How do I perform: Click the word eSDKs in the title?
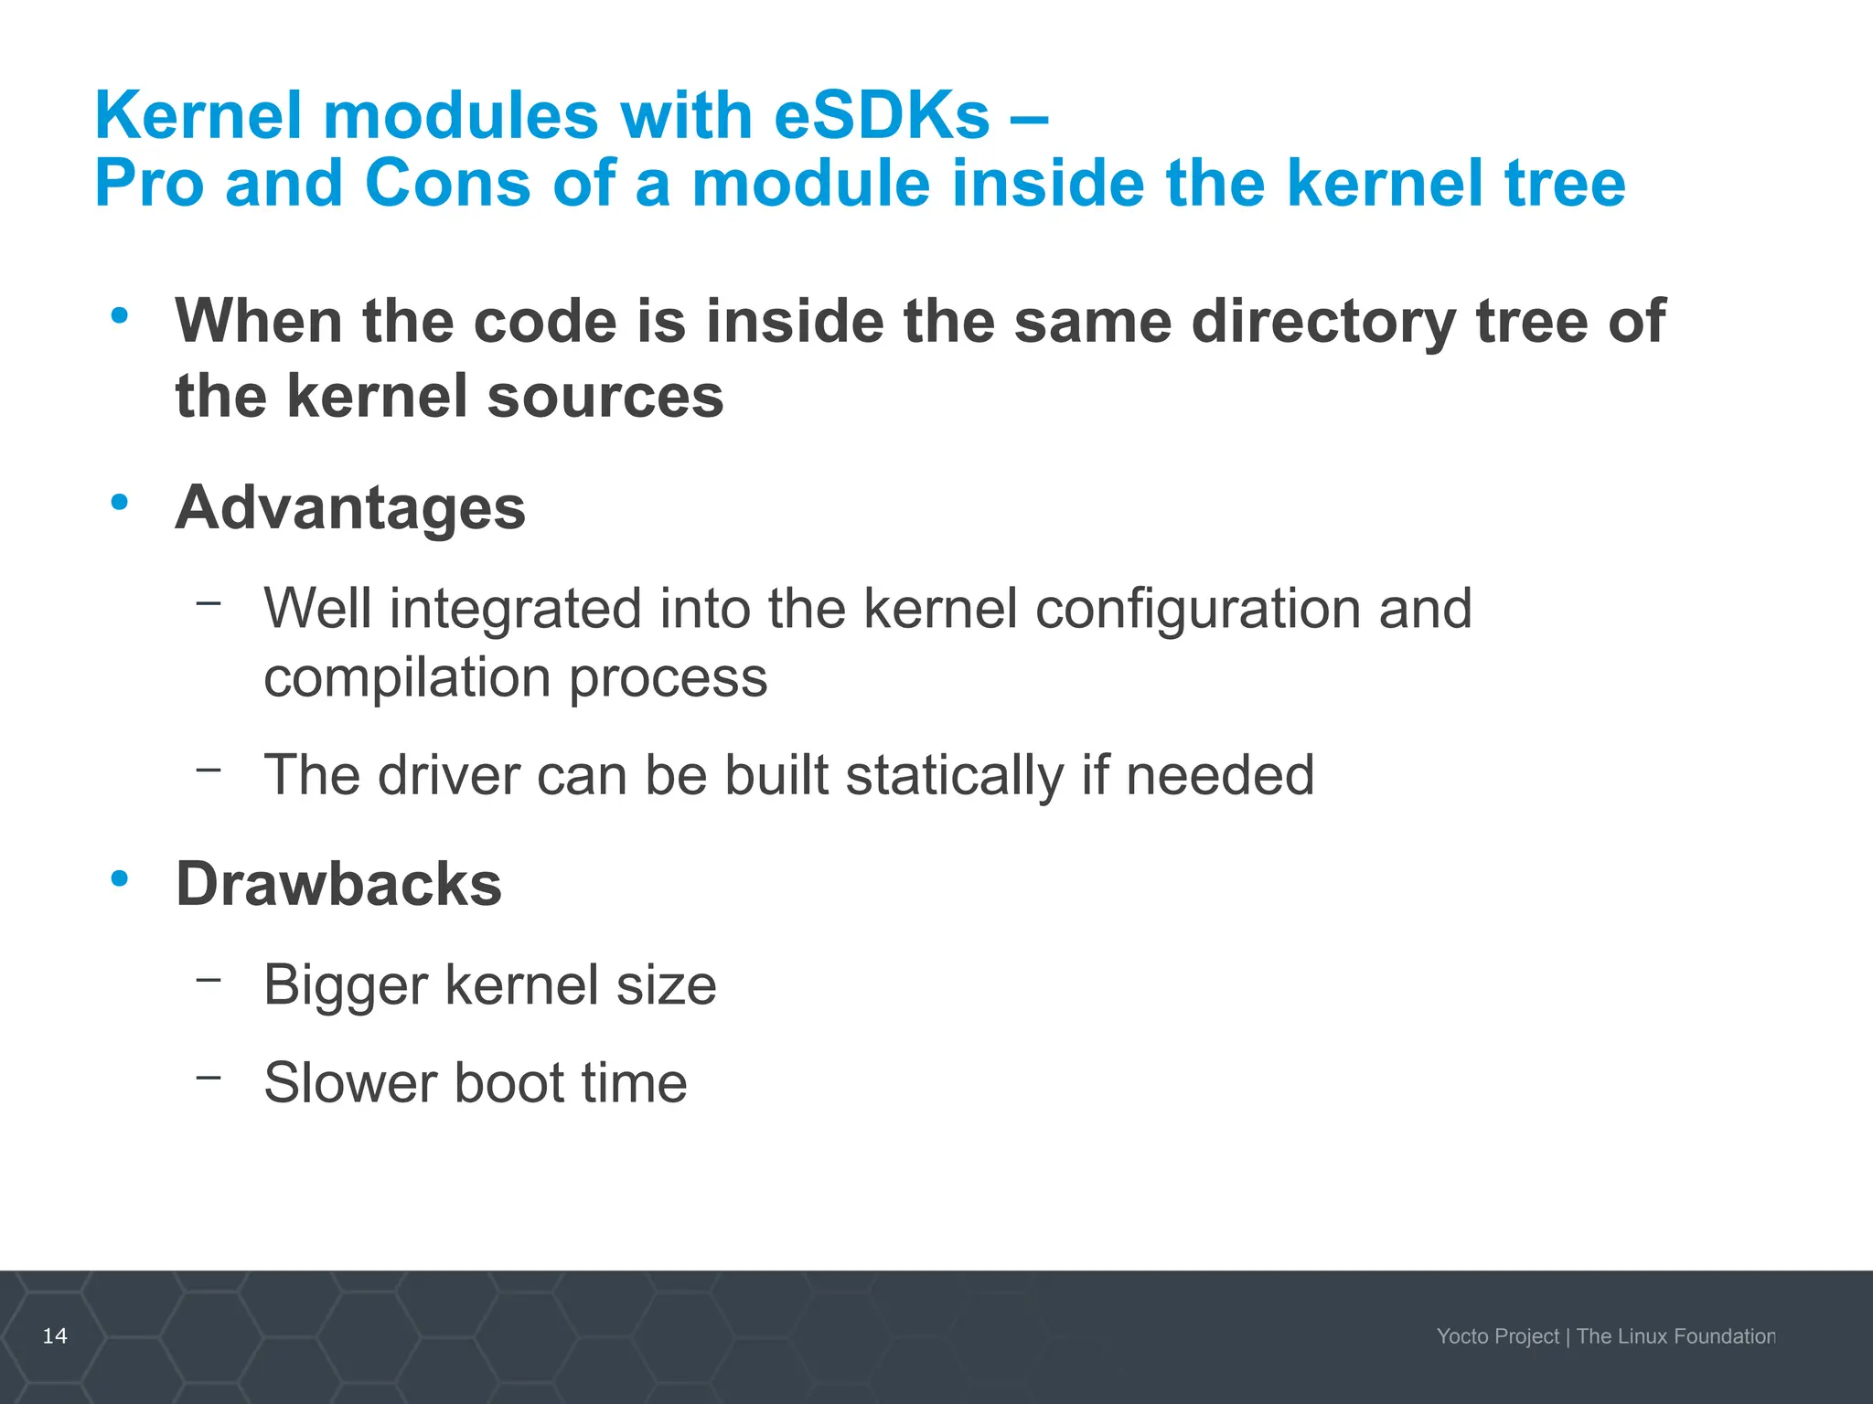click(x=882, y=116)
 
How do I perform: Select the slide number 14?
click(x=55, y=1335)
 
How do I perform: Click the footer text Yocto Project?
click(x=1497, y=1336)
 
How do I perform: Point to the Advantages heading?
click(x=350, y=507)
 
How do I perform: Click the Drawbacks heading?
click(x=338, y=884)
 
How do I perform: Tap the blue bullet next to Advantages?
click(x=119, y=502)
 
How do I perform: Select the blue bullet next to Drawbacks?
click(x=119, y=878)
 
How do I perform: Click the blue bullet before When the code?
click(x=119, y=315)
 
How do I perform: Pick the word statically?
click(x=954, y=775)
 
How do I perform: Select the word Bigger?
click(x=346, y=985)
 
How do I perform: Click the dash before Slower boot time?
click(x=209, y=1077)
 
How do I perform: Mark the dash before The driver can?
click(x=209, y=770)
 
